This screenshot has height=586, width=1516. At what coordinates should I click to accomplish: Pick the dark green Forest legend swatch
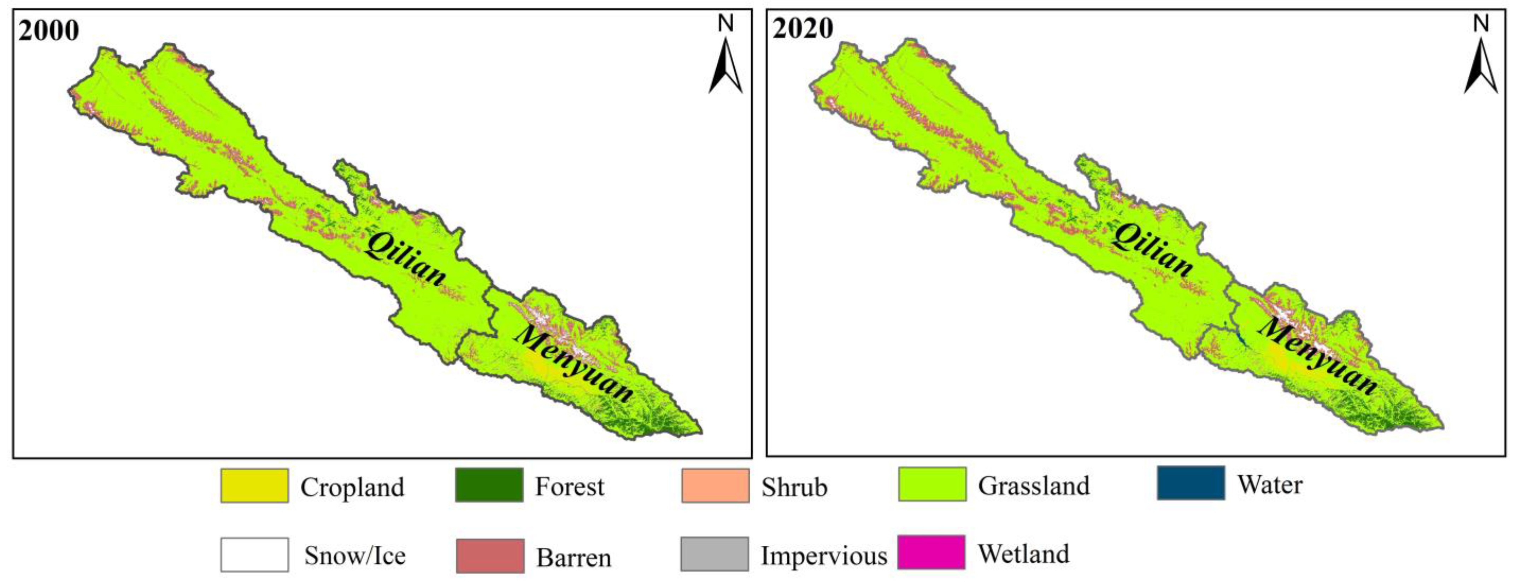click(489, 485)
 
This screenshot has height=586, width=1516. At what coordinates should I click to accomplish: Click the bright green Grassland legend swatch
click(932, 484)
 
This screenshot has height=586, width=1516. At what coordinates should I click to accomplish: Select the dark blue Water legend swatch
click(1191, 483)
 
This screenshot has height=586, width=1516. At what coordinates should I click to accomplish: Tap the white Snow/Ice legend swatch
click(254, 554)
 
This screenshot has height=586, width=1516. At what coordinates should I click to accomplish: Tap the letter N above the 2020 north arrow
click(1481, 24)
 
